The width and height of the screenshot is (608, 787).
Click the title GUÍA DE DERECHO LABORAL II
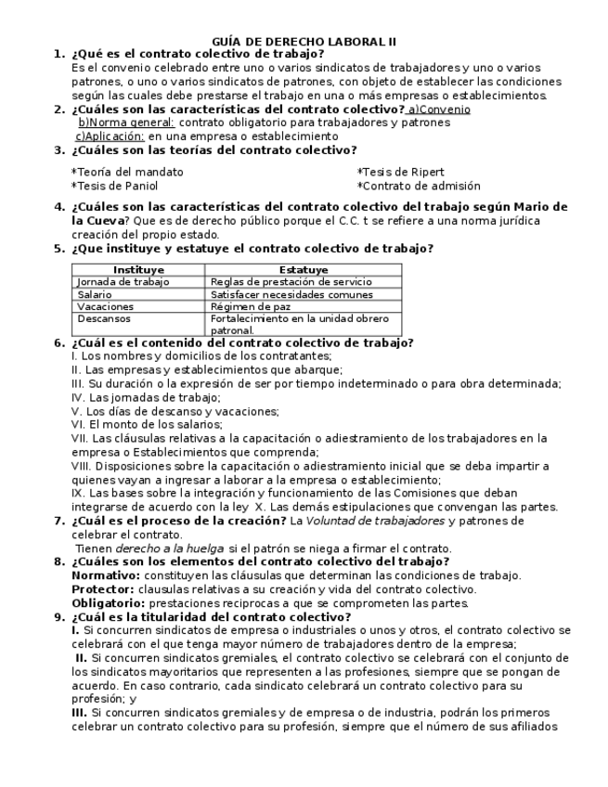(x=304, y=42)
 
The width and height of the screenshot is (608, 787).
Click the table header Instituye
(x=137, y=270)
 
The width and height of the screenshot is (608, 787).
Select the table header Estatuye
(x=303, y=270)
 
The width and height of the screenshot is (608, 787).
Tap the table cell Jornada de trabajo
(x=123, y=282)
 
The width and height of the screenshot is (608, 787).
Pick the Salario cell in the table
(x=96, y=294)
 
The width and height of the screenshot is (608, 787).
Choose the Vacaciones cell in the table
(x=106, y=306)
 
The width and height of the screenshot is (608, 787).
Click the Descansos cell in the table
(x=104, y=318)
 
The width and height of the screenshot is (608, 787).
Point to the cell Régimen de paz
(x=251, y=306)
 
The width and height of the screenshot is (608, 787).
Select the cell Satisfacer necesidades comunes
(x=291, y=294)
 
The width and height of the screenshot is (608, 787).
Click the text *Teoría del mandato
(x=127, y=172)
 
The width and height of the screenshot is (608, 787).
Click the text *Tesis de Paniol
(x=114, y=186)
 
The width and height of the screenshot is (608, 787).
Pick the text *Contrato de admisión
(x=419, y=186)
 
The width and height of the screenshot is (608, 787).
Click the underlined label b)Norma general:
(x=126, y=123)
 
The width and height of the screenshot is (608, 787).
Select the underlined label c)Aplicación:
(x=110, y=136)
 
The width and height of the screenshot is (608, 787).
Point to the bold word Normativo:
(x=105, y=575)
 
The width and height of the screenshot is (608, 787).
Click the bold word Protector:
(x=102, y=589)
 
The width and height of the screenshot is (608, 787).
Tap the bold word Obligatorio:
(x=109, y=603)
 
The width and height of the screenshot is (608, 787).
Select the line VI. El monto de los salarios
(x=147, y=424)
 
